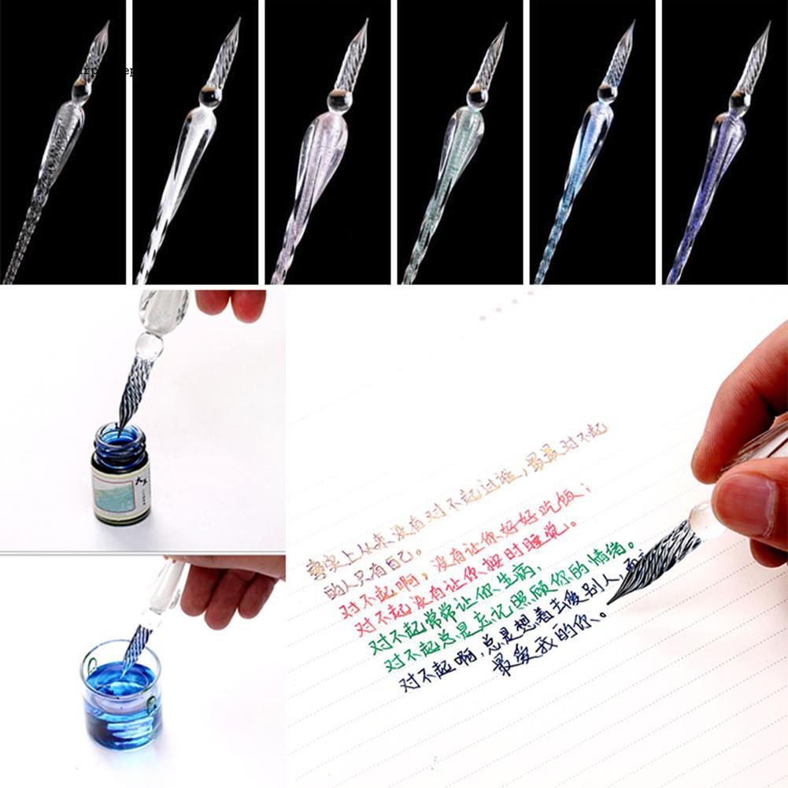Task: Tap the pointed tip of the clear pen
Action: (107, 23)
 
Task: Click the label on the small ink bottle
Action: (120, 490)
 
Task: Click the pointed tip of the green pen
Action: (504, 24)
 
